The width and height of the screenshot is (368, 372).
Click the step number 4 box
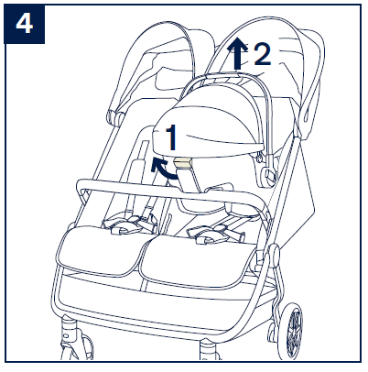pos(25,24)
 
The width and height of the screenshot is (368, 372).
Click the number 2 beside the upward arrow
pos(262,54)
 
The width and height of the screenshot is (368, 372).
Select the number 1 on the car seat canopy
pos(171,137)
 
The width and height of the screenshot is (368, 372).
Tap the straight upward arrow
pos(237,53)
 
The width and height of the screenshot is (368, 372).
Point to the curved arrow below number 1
pos(162,170)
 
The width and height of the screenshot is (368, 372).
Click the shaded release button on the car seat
pos(183,164)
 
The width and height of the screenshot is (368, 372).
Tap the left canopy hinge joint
pos(115,116)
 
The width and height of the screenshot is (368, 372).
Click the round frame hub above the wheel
pos(274,254)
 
